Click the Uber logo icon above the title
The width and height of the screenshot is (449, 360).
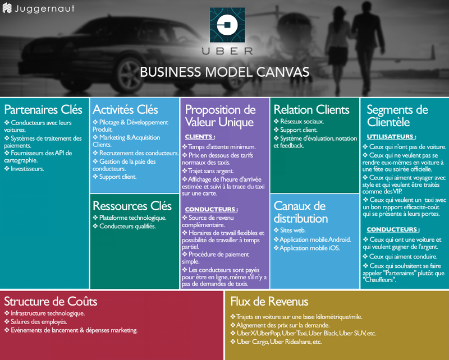click(x=227, y=25)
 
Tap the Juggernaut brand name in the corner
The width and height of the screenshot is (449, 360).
click(x=44, y=8)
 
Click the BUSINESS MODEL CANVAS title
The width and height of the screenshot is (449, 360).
click(x=224, y=72)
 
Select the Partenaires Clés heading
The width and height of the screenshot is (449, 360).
click(x=43, y=109)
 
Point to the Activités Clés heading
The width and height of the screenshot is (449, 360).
click(x=125, y=109)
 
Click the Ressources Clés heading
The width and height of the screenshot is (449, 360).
click(x=132, y=206)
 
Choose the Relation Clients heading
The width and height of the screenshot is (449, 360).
click(x=311, y=109)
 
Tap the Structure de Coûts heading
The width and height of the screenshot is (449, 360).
click(x=51, y=301)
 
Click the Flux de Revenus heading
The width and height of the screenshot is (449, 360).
click(x=269, y=301)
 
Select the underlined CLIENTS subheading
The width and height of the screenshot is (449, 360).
click(x=200, y=137)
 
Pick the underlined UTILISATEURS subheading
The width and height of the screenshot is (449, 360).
click(x=391, y=137)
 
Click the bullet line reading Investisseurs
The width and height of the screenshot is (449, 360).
click(x=24, y=169)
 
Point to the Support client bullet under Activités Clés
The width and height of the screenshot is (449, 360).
click(x=114, y=177)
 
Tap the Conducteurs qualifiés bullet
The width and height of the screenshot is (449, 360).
click(x=124, y=226)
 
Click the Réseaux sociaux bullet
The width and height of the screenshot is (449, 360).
click(x=299, y=121)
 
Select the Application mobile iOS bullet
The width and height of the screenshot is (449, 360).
click(x=307, y=248)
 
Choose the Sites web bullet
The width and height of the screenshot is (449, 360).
click(x=290, y=230)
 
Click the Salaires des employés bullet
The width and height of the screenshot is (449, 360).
click(x=35, y=322)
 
